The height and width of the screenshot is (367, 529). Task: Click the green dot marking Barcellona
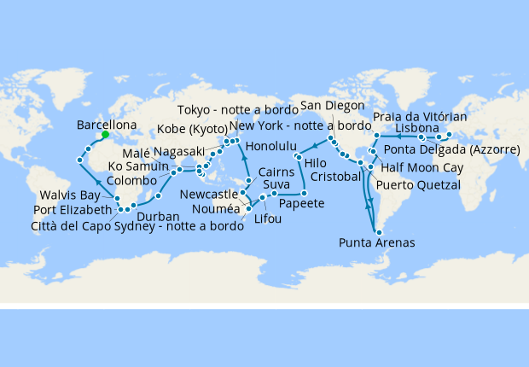pos(105,134)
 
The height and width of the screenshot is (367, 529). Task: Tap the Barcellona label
pos(107,124)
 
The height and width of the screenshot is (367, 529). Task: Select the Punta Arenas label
pos(376,242)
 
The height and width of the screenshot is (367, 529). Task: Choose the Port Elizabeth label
pos(73,210)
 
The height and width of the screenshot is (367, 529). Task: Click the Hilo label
pos(316,160)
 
